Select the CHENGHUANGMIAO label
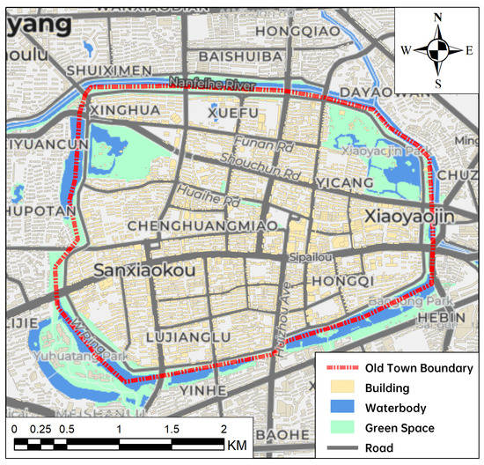click(x=203, y=226)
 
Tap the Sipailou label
click(x=312, y=259)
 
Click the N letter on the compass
click(x=437, y=17)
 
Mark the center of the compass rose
click(x=437, y=50)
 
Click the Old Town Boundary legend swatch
click(x=340, y=368)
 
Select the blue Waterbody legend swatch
click(x=340, y=408)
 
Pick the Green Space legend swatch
click(x=340, y=427)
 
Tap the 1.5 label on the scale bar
click(x=171, y=428)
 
